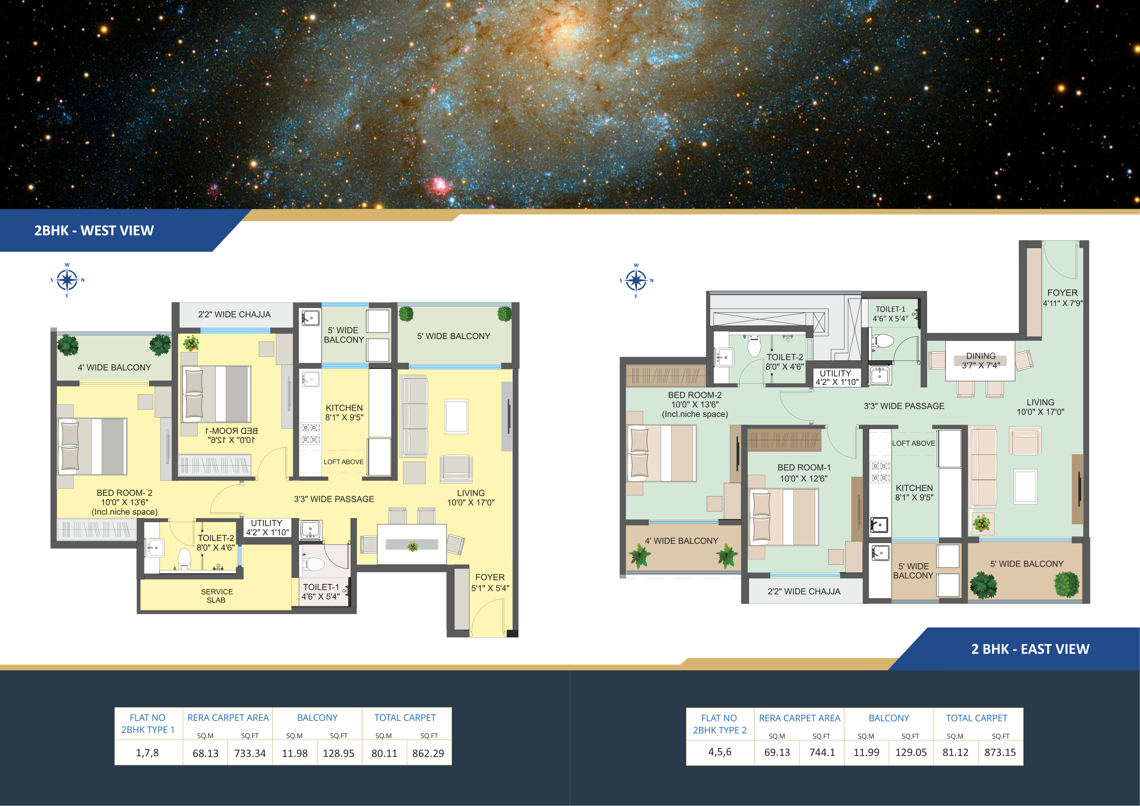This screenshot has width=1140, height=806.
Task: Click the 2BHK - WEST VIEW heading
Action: pos(94,231)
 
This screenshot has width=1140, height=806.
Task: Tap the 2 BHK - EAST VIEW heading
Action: pos(1030,649)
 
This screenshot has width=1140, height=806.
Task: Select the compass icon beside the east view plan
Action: pos(636,281)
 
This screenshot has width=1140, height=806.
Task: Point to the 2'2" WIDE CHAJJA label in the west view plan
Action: pos(234,315)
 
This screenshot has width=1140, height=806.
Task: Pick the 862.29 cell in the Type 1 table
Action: pos(428,754)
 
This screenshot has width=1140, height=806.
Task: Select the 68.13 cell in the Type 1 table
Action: pos(205,754)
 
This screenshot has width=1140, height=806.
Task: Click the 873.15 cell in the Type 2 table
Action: pos(1000,753)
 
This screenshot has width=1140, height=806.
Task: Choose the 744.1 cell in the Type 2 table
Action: pos(822,753)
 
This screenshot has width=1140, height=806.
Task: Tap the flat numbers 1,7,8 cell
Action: pos(148,753)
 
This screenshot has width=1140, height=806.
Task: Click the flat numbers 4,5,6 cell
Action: pos(720,752)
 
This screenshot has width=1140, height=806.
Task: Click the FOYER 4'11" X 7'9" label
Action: pos(1062,298)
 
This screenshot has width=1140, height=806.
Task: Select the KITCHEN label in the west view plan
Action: pos(344,408)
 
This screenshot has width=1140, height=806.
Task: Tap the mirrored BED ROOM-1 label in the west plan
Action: pos(232,435)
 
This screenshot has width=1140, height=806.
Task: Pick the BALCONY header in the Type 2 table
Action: pos(889,718)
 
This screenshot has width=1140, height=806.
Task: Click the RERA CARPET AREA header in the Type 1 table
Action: pos(228,718)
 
